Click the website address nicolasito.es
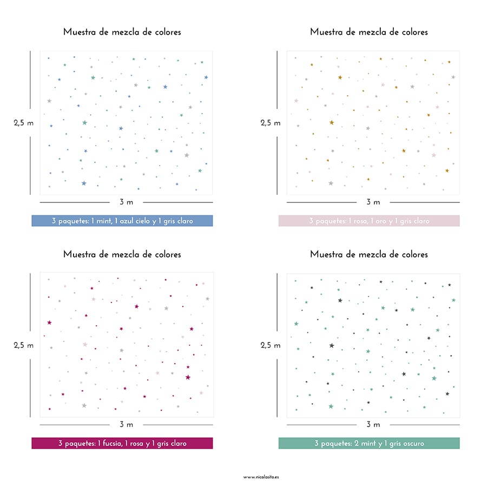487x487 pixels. (261, 477)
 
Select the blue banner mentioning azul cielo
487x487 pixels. (122, 221)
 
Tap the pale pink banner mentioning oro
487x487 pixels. (369, 221)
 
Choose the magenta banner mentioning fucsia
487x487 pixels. (122, 443)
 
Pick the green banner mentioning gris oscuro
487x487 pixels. (369, 443)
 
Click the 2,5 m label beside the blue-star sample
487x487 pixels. (23, 123)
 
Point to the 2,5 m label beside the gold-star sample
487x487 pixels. (271, 123)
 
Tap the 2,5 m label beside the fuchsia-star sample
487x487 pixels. (23, 345)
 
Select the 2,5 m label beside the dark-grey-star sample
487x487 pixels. (271, 345)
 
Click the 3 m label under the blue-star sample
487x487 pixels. (126, 202)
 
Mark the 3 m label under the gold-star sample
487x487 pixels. (373, 202)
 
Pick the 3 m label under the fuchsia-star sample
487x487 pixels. (126, 425)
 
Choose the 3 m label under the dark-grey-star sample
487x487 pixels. (373, 425)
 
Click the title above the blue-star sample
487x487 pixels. (122, 32)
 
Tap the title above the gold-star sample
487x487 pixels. (369, 32)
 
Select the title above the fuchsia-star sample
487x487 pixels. (122, 254)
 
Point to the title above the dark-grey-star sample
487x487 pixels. (369, 254)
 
